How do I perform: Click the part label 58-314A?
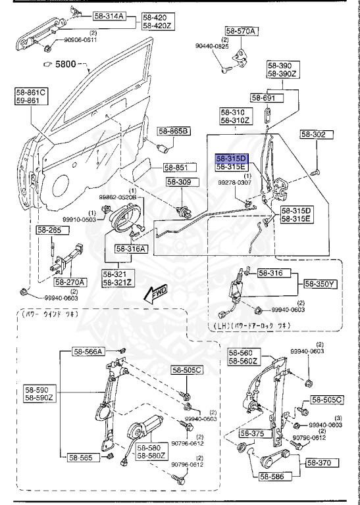pyautogui.click(x=109, y=16)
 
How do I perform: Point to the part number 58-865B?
pyautogui.click(x=174, y=132)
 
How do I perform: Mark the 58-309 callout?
pyautogui.click(x=178, y=182)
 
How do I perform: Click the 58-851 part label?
pyautogui.click(x=177, y=168)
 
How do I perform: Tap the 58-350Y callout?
pyautogui.click(x=319, y=284)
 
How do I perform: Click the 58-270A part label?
pyautogui.click(x=70, y=281)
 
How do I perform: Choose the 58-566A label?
pyautogui.click(x=88, y=352)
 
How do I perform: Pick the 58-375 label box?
pyautogui.click(x=253, y=433)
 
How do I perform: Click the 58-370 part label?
pyautogui.click(x=319, y=463)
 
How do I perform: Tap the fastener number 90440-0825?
pyautogui.click(x=213, y=47)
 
